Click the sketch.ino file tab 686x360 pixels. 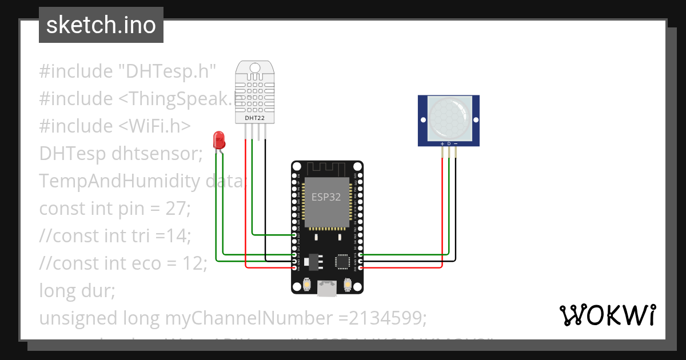[101, 25]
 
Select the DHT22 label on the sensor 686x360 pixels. [254, 118]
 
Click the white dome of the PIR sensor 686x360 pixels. [449, 118]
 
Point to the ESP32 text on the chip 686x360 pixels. [326, 197]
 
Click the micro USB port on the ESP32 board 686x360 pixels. [327, 288]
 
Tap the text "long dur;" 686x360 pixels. [77, 291]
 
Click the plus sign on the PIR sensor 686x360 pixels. [442, 143]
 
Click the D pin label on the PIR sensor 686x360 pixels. [449, 143]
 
